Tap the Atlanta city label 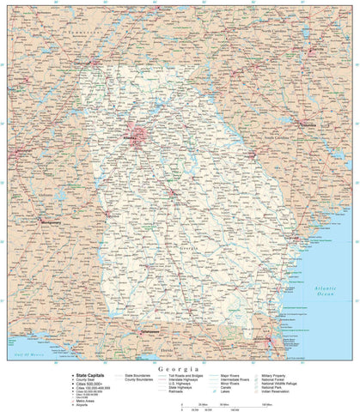[x=130, y=135]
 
